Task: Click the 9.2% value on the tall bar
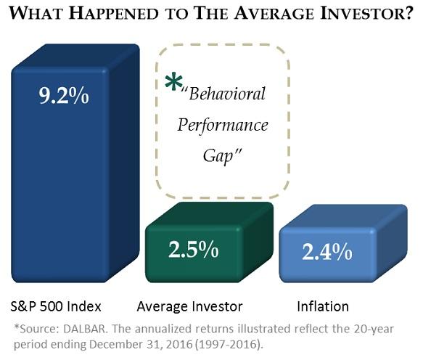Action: tap(64, 96)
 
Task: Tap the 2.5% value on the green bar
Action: tap(194, 250)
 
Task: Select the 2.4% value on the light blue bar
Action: tap(327, 252)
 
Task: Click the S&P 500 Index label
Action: tap(56, 306)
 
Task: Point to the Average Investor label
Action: tap(189, 306)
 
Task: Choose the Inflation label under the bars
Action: tap(323, 306)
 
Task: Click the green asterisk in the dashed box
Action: tap(173, 81)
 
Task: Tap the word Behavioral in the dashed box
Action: tap(227, 94)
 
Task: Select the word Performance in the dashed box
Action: tap(223, 126)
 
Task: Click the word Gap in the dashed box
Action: tap(218, 156)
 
